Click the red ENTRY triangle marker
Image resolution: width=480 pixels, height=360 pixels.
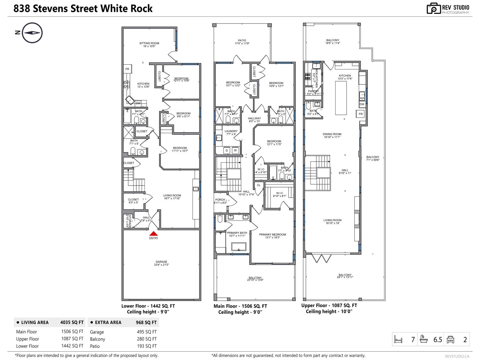pyautogui.click(x=154, y=234)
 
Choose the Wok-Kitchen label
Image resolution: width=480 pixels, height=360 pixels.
pyautogui.click(x=314, y=77)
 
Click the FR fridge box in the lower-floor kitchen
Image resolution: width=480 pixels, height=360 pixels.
pyautogui.click(x=127, y=69)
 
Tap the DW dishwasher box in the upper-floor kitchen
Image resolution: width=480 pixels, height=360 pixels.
pyautogui.click(x=362, y=104)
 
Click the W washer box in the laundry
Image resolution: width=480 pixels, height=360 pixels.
pyautogui.click(x=235, y=150)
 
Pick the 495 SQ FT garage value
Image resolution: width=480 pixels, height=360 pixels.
pyautogui.click(x=147, y=332)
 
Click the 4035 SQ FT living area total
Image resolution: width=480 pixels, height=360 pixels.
pyautogui.click(x=72, y=322)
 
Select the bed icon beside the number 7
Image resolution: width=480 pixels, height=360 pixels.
pyautogui.click(x=398, y=340)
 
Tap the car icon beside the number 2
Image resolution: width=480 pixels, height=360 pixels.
pyautogui.click(x=451, y=340)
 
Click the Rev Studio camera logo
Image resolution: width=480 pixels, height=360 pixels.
pyautogui.click(x=433, y=9)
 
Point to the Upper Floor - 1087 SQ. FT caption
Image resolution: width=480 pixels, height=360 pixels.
pyautogui.click(x=329, y=305)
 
